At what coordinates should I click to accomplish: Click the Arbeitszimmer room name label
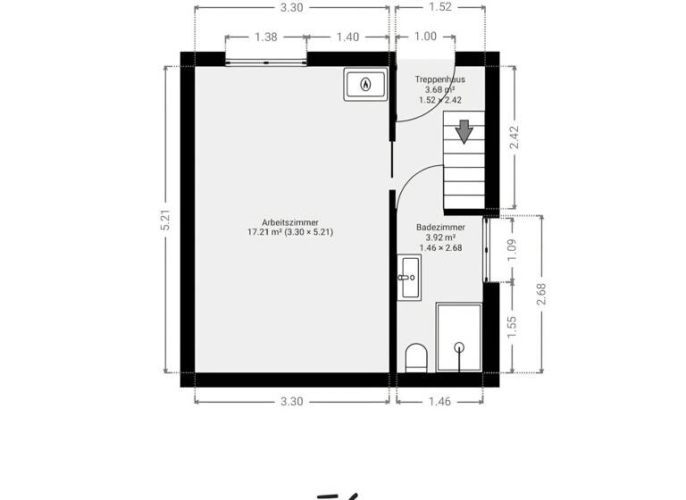(x=290, y=222)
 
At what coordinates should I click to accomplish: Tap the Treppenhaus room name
(x=439, y=79)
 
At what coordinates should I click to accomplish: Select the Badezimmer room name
(x=440, y=228)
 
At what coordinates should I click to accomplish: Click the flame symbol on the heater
(x=365, y=85)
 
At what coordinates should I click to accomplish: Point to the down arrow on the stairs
(x=464, y=131)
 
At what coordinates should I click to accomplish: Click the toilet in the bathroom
(x=415, y=359)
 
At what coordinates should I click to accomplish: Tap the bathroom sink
(x=410, y=277)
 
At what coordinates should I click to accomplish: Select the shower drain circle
(x=459, y=346)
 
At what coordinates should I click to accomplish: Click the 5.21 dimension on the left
(x=165, y=221)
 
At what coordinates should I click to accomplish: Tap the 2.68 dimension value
(x=540, y=295)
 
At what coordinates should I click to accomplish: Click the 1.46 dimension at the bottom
(x=440, y=402)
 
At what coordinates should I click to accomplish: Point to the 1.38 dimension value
(x=265, y=37)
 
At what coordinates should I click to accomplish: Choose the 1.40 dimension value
(x=347, y=37)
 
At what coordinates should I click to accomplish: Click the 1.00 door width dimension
(x=426, y=37)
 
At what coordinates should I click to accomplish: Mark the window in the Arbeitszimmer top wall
(x=265, y=62)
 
